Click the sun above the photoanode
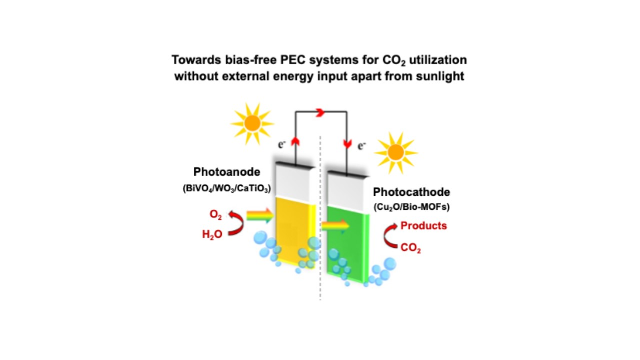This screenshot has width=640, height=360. [252, 124]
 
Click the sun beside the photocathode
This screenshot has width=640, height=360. [396, 153]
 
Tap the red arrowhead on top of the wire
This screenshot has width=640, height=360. [320, 113]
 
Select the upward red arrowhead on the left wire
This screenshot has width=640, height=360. [295, 141]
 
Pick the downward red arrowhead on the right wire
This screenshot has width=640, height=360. [348, 144]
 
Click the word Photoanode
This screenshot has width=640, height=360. [227, 172]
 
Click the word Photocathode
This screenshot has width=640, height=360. [412, 192]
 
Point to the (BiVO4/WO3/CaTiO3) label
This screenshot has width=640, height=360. [227, 189]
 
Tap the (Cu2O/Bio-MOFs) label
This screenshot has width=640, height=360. [412, 207]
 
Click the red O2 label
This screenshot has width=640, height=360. [216, 215]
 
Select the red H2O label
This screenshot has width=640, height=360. [212, 234]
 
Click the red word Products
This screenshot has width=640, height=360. [424, 226]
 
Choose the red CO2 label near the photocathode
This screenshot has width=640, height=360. [411, 248]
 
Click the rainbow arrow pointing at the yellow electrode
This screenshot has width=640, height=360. [260, 215]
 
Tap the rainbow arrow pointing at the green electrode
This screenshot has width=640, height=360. [335, 226]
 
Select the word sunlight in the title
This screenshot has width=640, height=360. [440, 77]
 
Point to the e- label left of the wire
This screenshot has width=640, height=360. [282, 145]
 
